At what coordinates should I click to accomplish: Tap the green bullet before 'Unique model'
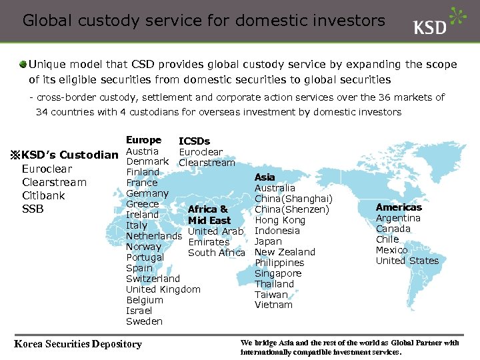click(23, 65)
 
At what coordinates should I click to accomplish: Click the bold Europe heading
click(143, 140)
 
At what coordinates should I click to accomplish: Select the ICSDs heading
click(194, 141)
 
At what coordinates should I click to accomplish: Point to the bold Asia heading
click(265, 177)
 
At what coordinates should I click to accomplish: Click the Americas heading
click(399, 207)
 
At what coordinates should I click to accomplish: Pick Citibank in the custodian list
click(43, 196)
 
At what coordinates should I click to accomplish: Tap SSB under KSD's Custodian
click(33, 209)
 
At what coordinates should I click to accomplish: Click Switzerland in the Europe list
click(153, 279)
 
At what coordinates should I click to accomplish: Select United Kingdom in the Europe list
click(163, 289)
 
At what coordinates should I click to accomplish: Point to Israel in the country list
click(139, 311)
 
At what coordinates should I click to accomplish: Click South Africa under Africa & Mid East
click(217, 252)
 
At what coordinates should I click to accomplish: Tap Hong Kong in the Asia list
click(279, 220)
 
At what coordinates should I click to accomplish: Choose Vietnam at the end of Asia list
click(273, 305)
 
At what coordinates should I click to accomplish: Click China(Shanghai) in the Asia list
click(293, 199)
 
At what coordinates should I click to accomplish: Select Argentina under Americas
click(398, 218)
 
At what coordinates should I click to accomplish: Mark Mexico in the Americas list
click(391, 250)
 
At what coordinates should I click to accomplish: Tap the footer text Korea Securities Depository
click(78, 344)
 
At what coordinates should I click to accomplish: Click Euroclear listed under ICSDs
click(201, 152)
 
